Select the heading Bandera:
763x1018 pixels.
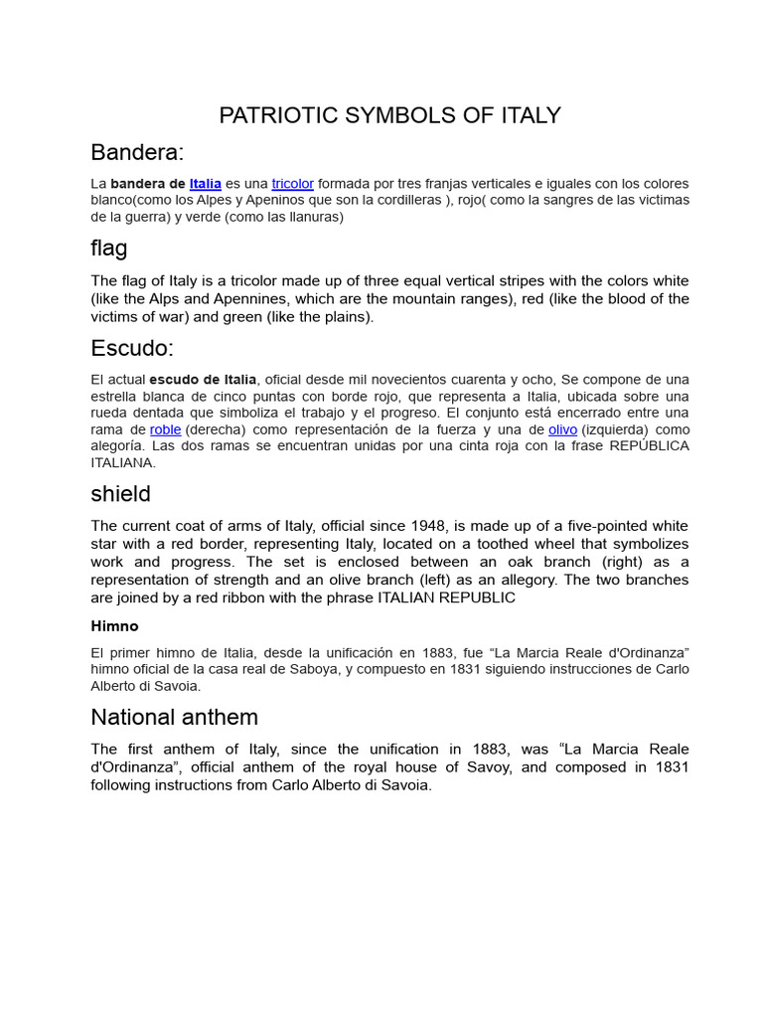coord(137,152)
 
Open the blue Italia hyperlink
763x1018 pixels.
coord(205,184)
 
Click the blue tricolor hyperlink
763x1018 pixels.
coord(292,184)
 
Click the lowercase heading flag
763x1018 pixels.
coord(109,248)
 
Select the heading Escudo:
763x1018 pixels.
coord(132,348)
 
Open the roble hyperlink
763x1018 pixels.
coord(165,429)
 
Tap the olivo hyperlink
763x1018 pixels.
coord(562,429)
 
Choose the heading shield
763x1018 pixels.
coord(120,493)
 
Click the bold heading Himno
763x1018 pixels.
coord(114,626)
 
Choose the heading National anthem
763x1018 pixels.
coord(174,717)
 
